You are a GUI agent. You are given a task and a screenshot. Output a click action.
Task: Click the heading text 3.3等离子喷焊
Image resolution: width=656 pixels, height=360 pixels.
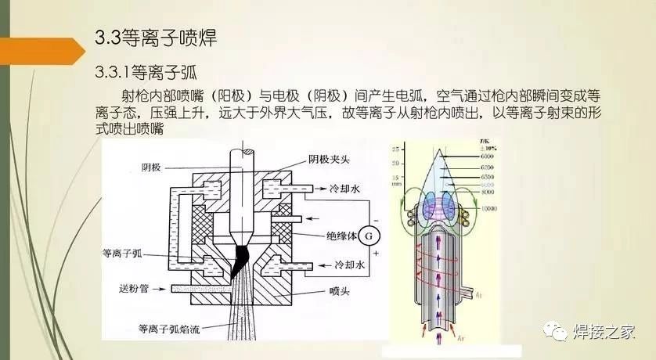coord(153,37)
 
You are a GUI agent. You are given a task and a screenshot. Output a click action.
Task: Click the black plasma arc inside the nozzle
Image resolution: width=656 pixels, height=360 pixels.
coord(238,261)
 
